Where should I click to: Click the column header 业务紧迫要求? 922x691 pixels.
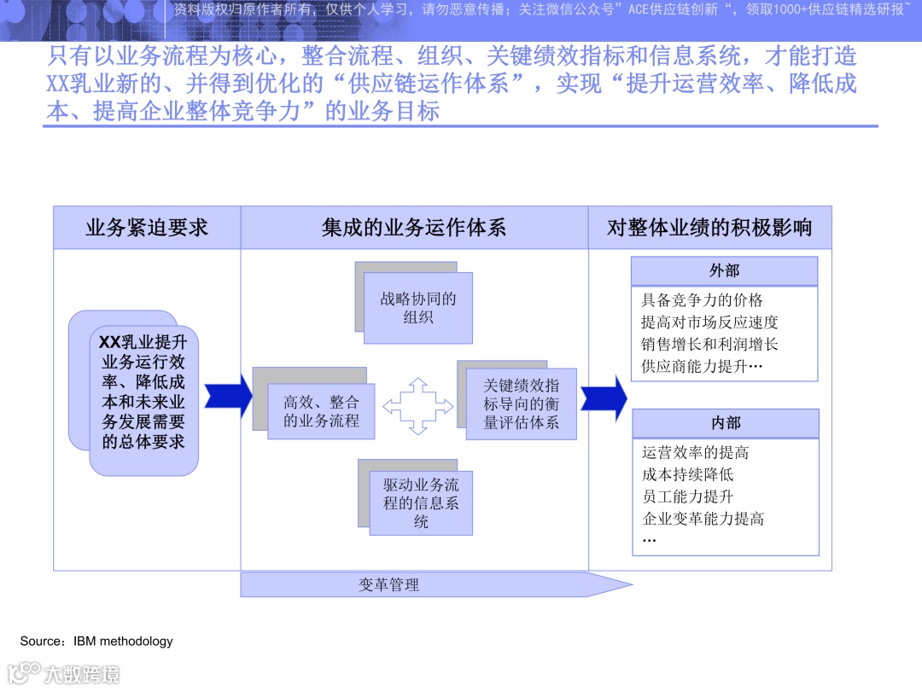tap(147, 228)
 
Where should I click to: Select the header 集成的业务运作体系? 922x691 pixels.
tap(414, 228)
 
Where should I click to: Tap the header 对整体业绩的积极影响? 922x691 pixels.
tap(709, 228)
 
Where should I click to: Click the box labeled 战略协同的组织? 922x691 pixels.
tap(418, 308)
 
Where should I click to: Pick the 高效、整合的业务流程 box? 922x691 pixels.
tap(321, 411)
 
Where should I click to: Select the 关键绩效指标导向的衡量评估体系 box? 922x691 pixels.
tap(521, 404)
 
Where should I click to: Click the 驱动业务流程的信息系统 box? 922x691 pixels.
tap(421, 502)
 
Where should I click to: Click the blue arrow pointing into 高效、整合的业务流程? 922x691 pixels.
tap(229, 396)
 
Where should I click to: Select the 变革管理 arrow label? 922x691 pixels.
tap(389, 585)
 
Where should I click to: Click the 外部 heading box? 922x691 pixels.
tap(724, 271)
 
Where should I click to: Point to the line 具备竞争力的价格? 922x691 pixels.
tap(702, 300)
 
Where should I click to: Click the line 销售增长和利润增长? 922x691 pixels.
tap(709, 345)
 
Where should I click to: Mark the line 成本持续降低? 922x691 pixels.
tap(687, 474)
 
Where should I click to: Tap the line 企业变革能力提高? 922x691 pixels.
tap(703, 519)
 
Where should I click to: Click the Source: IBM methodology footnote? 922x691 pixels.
tap(96, 641)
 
